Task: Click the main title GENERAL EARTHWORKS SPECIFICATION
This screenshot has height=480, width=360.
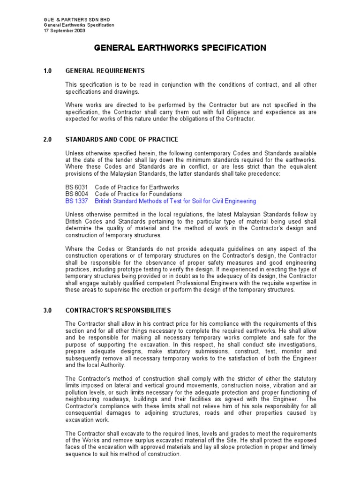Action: click(x=180, y=48)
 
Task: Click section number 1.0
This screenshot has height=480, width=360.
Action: click(x=47, y=71)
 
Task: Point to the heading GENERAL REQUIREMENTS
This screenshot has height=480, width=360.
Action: click(x=105, y=71)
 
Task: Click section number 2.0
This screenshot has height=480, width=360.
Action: click(x=47, y=140)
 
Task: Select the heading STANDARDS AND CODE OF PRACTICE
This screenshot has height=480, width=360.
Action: click(x=122, y=140)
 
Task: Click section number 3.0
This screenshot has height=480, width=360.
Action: click(x=47, y=310)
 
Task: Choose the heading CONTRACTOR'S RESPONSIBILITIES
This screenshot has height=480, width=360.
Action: click(x=118, y=310)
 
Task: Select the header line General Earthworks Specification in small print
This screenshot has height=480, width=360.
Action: click(x=78, y=25)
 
